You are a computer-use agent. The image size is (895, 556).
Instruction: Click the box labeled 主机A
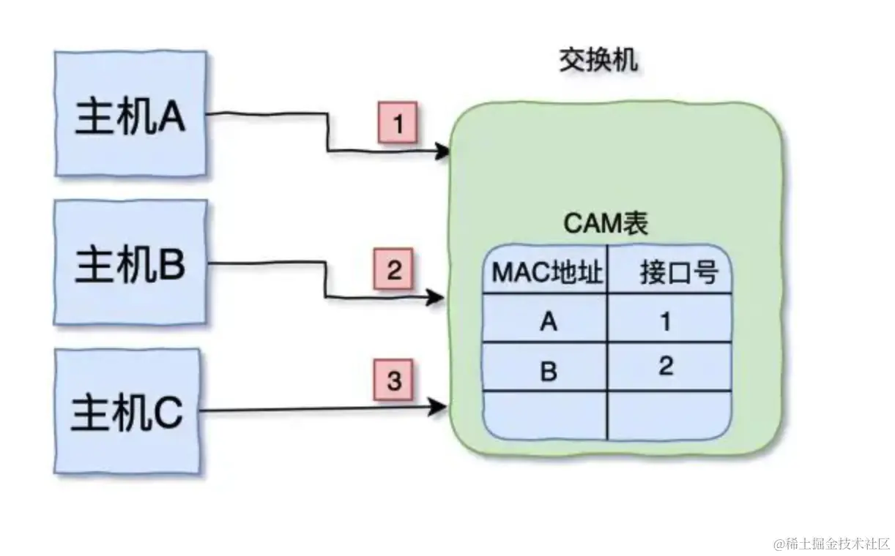tap(131, 114)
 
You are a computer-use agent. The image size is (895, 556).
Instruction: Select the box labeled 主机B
tap(131, 263)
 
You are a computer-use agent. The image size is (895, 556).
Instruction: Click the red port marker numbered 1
tap(397, 122)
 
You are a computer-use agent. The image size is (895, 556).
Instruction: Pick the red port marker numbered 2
tap(394, 270)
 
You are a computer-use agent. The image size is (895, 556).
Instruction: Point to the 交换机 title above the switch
tap(598, 61)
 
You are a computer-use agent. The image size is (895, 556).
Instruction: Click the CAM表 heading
tap(605, 224)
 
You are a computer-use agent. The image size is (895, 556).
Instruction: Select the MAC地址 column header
tap(547, 274)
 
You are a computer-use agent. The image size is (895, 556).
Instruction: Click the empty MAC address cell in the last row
tap(546, 415)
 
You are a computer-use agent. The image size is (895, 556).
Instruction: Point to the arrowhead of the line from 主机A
tap(442, 152)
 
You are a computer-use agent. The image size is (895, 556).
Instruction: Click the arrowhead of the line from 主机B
tap(438, 298)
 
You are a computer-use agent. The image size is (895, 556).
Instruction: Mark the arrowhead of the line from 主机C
tap(439, 407)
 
